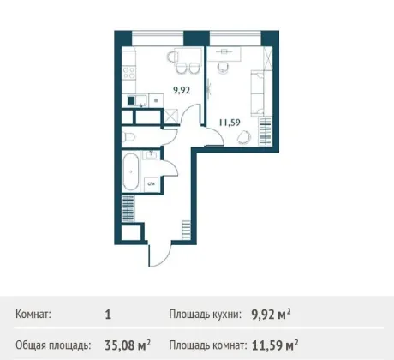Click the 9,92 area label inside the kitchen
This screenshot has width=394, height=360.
tap(182, 91)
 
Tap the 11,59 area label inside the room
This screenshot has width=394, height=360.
tap(230, 123)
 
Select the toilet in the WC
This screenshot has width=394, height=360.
tap(128, 137)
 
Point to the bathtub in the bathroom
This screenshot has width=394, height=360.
tap(131, 171)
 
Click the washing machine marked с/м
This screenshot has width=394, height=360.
tap(151, 184)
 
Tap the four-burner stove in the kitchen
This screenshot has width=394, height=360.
tap(129, 73)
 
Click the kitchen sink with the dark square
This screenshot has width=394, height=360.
tap(137, 100)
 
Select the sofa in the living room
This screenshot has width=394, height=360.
tap(257, 93)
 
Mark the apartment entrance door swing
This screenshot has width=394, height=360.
tap(159, 255)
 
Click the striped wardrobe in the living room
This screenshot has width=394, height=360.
tap(265, 131)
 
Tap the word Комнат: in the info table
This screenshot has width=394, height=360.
tap(33, 315)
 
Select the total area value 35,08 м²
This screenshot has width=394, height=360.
tap(128, 345)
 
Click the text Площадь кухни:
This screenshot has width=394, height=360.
tap(206, 315)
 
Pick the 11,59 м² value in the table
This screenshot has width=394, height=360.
tap(275, 345)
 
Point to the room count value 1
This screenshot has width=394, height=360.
tap(108, 315)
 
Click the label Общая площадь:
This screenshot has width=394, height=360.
tap(53, 345)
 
